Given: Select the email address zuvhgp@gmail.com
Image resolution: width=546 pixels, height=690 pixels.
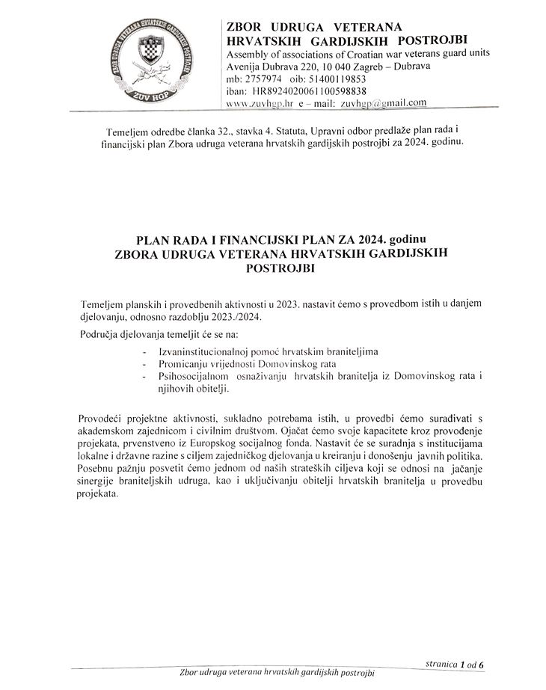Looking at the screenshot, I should (383, 103).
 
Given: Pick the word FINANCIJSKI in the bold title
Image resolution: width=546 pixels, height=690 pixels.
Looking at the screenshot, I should (264, 240).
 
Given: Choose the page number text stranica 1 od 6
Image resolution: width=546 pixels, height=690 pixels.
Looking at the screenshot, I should (459, 662).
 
